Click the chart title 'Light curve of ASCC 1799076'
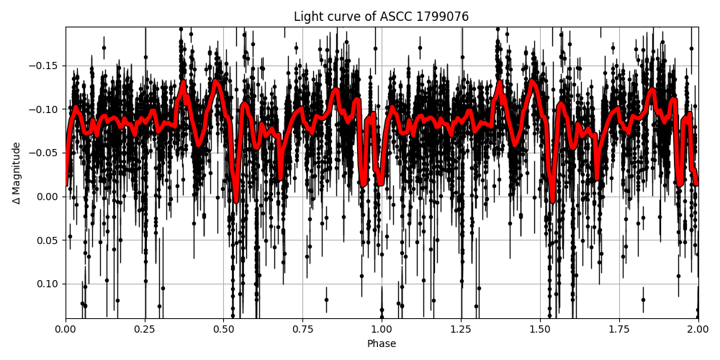(381, 17)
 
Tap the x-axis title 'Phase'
(382, 344)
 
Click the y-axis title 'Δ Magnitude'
(17, 173)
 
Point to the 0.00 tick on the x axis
(66, 330)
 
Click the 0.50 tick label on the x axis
(223, 330)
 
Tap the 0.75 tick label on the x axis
(302, 330)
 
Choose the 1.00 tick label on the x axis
(382, 330)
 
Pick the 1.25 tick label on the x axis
(461, 330)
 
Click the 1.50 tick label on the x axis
(540, 330)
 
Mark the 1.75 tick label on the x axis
(618, 330)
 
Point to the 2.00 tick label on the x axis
(698, 330)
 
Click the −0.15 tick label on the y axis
(45, 66)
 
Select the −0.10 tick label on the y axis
(45, 109)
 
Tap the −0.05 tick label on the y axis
(45, 153)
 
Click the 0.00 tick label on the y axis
(48, 197)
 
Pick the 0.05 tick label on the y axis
(48, 240)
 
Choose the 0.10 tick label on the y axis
(48, 284)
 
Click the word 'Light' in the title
(307, 17)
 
